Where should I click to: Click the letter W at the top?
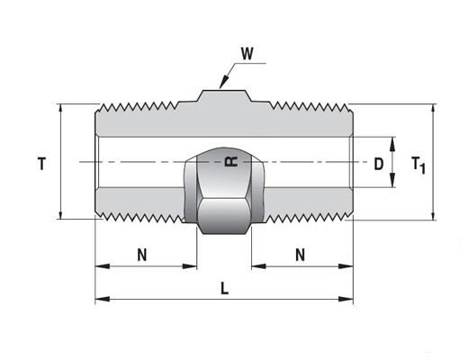247,54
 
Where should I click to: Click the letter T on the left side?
41,164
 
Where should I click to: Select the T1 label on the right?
418,166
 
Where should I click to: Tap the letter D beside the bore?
379,164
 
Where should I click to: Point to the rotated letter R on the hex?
231,161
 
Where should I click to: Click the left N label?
142,256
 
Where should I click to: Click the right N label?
300,256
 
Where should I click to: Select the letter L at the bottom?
224,289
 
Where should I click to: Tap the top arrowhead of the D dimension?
392,143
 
